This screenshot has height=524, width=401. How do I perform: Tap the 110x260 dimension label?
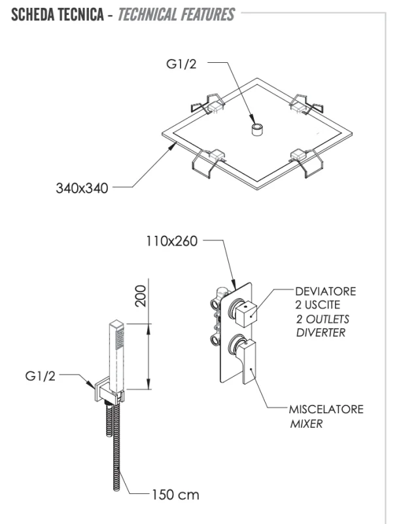[171, 242]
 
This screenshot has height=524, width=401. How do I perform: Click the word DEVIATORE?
[325, 291]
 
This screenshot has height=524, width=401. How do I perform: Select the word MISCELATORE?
[326, 410]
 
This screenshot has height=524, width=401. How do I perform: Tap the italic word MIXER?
[306, 424]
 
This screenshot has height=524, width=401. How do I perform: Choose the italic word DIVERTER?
[320, 333]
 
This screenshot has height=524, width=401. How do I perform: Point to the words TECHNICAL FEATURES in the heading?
[177, 14]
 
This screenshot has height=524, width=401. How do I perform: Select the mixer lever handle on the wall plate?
[249, 362]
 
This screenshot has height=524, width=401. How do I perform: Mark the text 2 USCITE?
[319, 305]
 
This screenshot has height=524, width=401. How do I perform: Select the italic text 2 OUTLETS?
[322, 319]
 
